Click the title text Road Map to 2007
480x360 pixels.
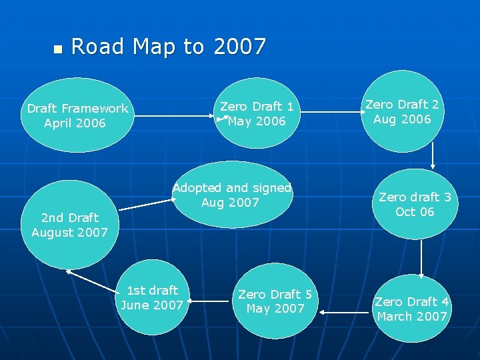coord(168,47)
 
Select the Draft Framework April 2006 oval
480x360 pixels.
coord(77,115)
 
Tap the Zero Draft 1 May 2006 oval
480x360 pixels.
coord(257,113)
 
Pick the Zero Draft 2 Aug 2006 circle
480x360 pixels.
coord(402,111)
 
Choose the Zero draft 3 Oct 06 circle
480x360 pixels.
coord(415,204)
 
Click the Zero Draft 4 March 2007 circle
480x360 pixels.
coord(412,309)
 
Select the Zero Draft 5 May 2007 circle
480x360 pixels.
coord(275,301)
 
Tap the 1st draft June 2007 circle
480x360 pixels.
coord(153,297)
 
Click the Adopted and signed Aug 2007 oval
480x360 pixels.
coord(232,195)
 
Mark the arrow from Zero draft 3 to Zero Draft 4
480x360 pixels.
coord(421,259)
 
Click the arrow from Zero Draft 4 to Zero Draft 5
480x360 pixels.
coord(344,311)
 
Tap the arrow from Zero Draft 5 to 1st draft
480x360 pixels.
coord(210,301)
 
